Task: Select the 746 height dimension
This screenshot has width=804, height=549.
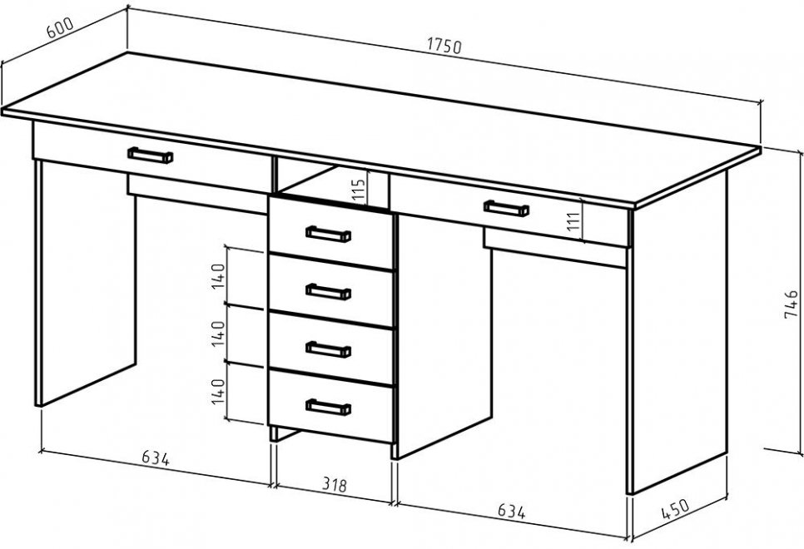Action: click(x=795, y=304)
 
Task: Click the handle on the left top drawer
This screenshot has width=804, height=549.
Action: click(x=151, y=155)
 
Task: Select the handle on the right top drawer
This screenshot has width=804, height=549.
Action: click(x=506, y=207)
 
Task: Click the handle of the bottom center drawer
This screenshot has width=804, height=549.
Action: click(x=328, y=406)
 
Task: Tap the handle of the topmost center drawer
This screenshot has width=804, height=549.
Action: click(x=328, y=234)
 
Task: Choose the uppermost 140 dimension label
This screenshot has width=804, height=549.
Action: click(x=219, y=275)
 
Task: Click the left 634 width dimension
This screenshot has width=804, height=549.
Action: click(x=156, y=457)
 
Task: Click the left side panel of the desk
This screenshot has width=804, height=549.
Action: click(x=83, y=283)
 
